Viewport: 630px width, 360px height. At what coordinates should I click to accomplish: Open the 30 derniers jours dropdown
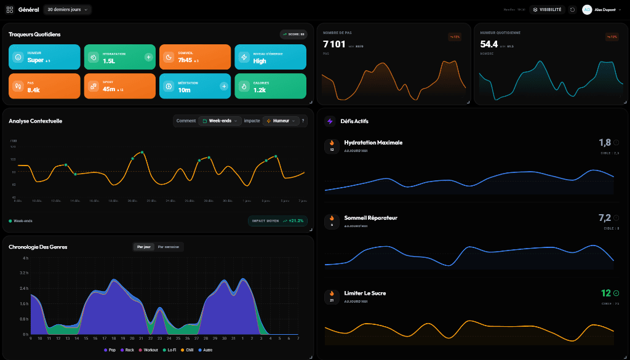pyautogui.click(x=68, y=9)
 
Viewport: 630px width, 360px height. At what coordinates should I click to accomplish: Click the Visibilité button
pyautogui.click(x=546, y=9)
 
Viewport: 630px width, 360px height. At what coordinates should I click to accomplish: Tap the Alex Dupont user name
pyautogui.click(x=605, y=9)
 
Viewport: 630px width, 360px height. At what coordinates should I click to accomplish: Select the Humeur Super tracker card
pyautogui.click(x=44, y=57)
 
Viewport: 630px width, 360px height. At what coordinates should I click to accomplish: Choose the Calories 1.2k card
pyautogui.click(x=270, y=86)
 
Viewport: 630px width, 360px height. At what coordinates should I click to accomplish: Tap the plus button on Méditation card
pyautogui.click(x=224, y=86)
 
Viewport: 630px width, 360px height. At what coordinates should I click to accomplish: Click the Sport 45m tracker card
pyautogui.click(x=119, y=86)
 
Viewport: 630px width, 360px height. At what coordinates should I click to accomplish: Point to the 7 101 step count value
pyautogui.click(x=334, y=44)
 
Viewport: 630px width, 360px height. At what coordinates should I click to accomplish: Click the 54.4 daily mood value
pyautogui.click(x=489, y=44)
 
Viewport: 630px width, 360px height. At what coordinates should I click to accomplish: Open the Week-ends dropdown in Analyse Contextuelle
pyautogui.click(x=220, y=121)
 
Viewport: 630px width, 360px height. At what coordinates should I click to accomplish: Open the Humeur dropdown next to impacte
pyautogui.click(x=281, y=121)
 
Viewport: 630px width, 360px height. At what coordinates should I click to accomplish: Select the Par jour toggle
pyautogui.click(x=143, y=247)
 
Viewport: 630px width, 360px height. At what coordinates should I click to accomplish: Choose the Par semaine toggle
pyautogui.click(x=169, y=247)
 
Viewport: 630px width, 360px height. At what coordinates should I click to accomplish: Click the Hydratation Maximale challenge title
pyautogui.click(x=373, y=142)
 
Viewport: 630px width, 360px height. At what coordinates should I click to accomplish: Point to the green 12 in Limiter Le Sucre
pyautogui.click(x=605, y=293)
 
